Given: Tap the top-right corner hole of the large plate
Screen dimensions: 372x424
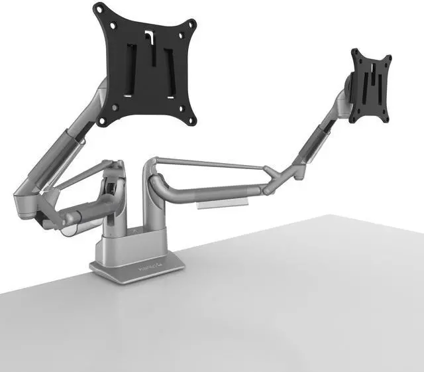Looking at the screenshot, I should point(193,23).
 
